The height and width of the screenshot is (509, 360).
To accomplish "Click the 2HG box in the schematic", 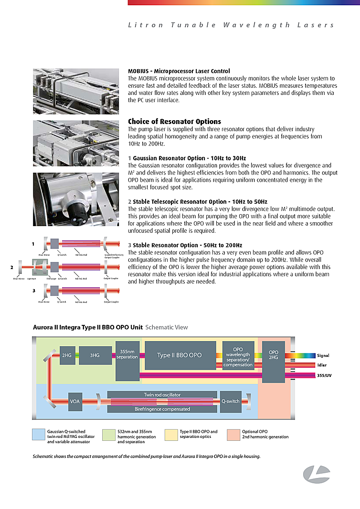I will [x=67, y=355].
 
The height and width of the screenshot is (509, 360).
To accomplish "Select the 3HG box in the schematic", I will [x=95, y=355].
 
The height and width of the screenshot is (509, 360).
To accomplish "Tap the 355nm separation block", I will [x=127, y=361].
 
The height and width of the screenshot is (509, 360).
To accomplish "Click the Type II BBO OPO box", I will [x=180, y=355].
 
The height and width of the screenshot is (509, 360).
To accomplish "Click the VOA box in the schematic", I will [x=75, y=401].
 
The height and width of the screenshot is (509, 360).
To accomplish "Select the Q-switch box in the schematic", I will [x=230, y=401].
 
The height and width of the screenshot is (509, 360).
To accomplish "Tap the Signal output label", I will [x=323, y=355].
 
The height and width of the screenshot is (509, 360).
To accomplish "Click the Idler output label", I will [x=322, y=365].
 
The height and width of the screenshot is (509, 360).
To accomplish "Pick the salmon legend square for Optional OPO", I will [x=233, y=435].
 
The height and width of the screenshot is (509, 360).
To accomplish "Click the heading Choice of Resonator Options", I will [x=174, y=122].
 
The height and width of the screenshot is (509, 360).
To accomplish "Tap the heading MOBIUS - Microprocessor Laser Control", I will [x=179, y=71].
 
